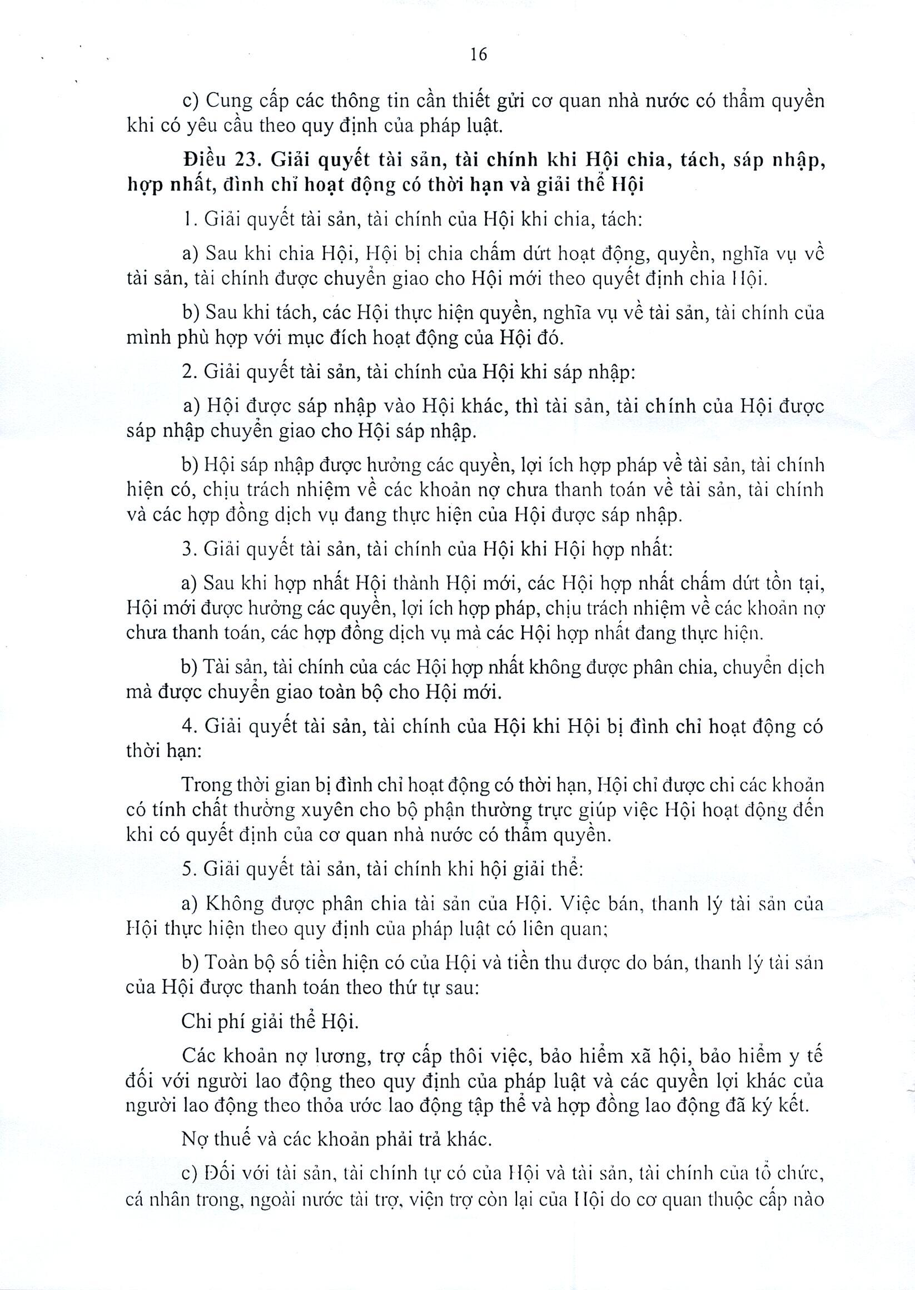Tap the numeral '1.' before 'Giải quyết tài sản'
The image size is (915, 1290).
[x=189, y=219]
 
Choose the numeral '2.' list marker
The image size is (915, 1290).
[x=189, y=373]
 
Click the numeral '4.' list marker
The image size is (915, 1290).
[x=189, y=726]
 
